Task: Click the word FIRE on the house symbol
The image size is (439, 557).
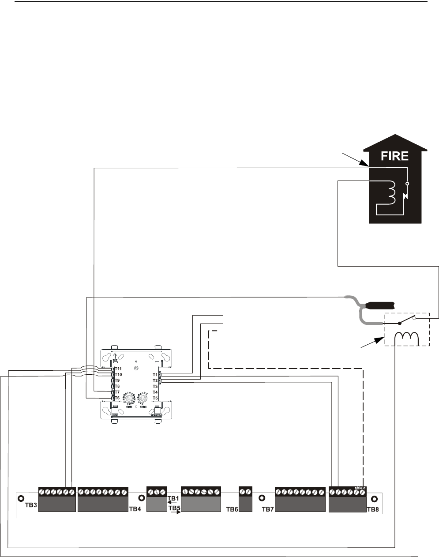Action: coord(394,156)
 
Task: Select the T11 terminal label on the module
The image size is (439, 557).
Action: coord(118,369)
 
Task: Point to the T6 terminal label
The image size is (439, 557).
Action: coord(117,398)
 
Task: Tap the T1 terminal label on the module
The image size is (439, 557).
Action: coord(155,374)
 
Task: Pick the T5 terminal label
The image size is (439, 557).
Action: coord(155,398)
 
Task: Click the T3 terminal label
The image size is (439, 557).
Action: coord(155,386)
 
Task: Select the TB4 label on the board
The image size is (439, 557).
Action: coord(135,509)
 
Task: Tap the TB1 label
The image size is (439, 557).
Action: coord(174,498)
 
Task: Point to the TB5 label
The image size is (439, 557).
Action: coord(175,508)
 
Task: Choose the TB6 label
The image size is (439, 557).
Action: coord(232,509)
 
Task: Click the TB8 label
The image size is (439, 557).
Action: coord(373,509)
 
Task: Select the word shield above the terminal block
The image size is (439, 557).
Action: coord(360,488)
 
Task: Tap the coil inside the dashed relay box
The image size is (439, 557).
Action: coord(406,336)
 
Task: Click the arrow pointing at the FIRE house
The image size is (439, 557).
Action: coord(356,158)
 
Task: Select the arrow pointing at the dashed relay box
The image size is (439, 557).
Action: coord(373,344)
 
